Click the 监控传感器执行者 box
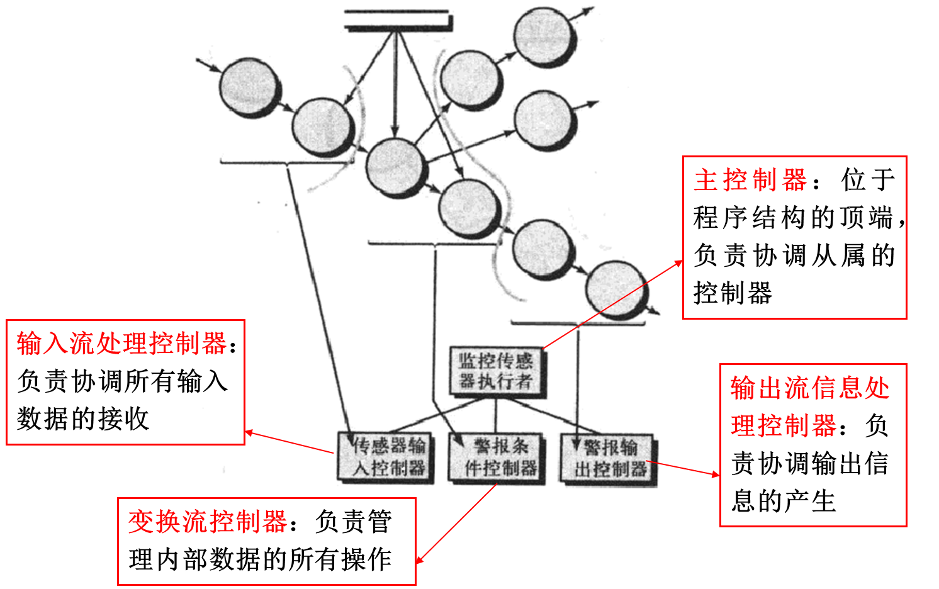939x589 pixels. tap(496, 371)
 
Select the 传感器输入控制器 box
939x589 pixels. tap(386, 457)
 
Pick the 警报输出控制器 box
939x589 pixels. tap(609, 459)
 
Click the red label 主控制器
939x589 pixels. tap(750, 180)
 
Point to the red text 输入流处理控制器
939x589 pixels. tap(121, 344)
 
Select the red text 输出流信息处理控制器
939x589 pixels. tap(809, 407)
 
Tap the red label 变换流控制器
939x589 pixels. tap(208, 522)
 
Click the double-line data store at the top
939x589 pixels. tap(398, 20)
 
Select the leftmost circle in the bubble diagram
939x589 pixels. tap(249, 87)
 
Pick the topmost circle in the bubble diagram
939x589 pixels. tap(544, 37)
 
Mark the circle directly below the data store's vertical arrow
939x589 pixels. tap(395, 167)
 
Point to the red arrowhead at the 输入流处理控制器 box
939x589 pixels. tap(249, 432)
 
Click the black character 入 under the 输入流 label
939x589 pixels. tap(215, 381)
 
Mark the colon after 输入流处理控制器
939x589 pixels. tap(233, 346)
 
